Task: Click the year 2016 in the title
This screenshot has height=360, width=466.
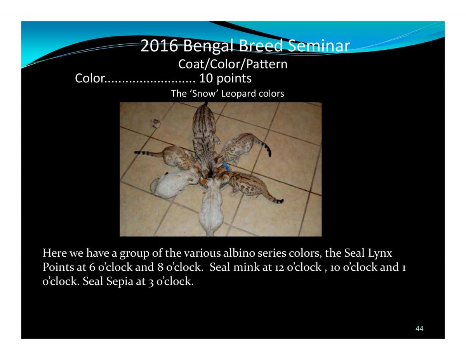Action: (x=159, y=46)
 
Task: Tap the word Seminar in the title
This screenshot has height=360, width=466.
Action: (x=319, y=46)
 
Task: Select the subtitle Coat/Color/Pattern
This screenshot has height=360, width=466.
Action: (x=233, y=64)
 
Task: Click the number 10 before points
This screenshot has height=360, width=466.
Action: (x=206, y=78)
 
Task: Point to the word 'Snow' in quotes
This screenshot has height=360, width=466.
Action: (x=204, y=94)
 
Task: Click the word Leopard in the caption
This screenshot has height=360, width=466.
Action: (x=239, y=94)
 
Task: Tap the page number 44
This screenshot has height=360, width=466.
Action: (x=419, y=328)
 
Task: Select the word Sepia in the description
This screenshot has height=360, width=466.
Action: (x=120, y=282)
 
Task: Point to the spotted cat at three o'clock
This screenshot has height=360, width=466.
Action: (x=249, y=185)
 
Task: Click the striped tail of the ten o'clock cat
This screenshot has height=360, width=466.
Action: (x=148, y=153)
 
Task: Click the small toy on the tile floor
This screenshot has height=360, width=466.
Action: (x=156, y=123)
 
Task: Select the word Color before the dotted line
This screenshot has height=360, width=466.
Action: (x=90, y=78)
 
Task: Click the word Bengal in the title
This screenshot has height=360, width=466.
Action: (x=208, y=46)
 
